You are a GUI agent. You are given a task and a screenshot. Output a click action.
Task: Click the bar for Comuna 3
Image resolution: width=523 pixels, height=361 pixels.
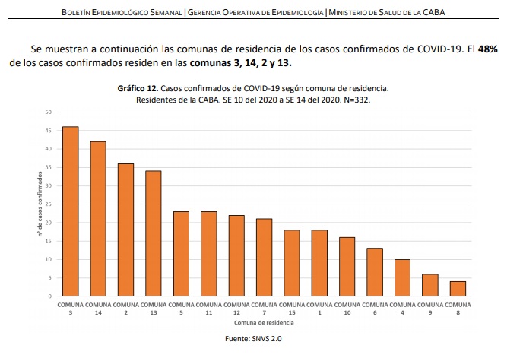pos(70,211)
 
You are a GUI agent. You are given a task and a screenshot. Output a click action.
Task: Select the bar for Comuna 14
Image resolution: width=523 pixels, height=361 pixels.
pos(98,219)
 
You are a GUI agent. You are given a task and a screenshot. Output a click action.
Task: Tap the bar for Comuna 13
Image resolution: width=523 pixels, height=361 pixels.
pos(153,233)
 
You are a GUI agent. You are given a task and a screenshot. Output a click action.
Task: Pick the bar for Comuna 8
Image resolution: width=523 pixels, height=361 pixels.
pos(457,289)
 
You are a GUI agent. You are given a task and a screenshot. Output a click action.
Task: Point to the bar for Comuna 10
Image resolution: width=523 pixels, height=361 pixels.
pos(347,267)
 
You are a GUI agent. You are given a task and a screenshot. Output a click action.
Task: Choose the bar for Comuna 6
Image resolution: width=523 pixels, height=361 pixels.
pos(374,272)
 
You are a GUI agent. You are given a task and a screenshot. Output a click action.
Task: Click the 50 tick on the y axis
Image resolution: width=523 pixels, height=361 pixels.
pos(48,112)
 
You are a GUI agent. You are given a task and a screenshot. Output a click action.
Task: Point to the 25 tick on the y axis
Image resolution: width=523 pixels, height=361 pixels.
pos(48,204)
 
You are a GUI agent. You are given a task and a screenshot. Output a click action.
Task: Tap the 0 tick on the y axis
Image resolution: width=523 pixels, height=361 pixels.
pos(49,296)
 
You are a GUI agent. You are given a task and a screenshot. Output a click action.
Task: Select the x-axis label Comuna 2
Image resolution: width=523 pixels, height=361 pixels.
pos(125,308)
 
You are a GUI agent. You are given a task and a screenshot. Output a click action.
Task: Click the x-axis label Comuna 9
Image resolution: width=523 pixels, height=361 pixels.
pos(429,308)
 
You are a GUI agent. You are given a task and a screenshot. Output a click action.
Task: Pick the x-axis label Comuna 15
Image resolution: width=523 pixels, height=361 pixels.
pos(291,308)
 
